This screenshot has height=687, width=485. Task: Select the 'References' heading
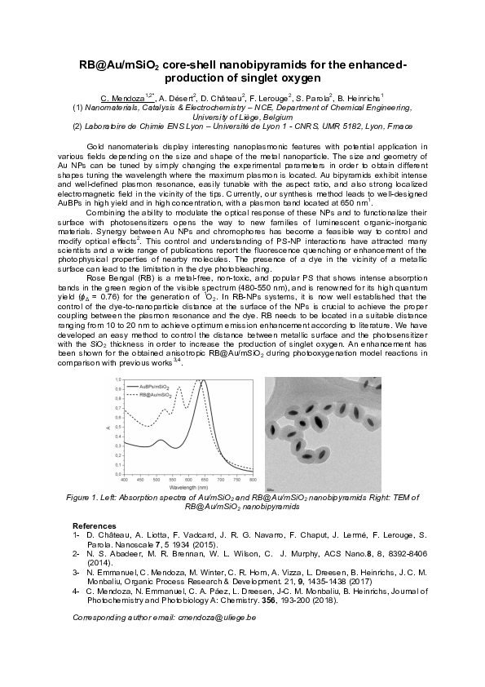point(94,525)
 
